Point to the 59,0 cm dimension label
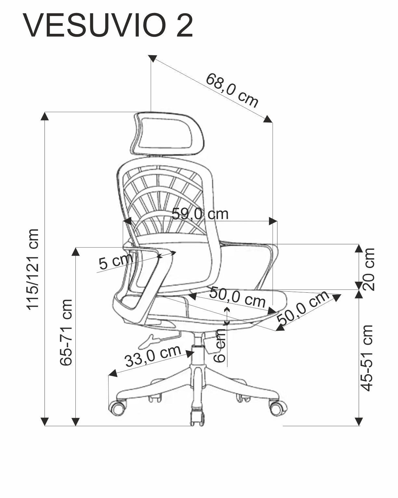click(200, 214)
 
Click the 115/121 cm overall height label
click(33, 269)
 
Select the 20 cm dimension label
click(369, 269)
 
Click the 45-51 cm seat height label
click(367, 358)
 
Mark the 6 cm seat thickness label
click(220, 346)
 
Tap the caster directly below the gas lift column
click(197, 418)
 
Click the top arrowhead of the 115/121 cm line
click(45, 116)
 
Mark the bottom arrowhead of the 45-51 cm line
click(359, 422)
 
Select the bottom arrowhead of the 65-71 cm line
click(75, 422)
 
